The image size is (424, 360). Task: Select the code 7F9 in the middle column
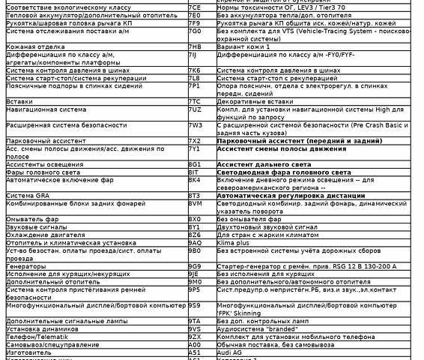click(x=194, y=22)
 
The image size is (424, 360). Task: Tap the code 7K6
click(x=194, y=70)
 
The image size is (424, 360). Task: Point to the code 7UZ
click(x=195, y=109)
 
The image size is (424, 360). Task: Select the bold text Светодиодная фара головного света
click(x=284, y=172)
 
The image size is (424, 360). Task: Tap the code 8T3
click(x=194, y=195)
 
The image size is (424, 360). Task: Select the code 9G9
click(x=194, y=265)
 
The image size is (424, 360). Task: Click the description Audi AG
click(x=231, y=352)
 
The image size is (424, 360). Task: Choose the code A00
click(x=194, y=344)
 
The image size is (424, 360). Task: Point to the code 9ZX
click(x=194, y=337)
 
